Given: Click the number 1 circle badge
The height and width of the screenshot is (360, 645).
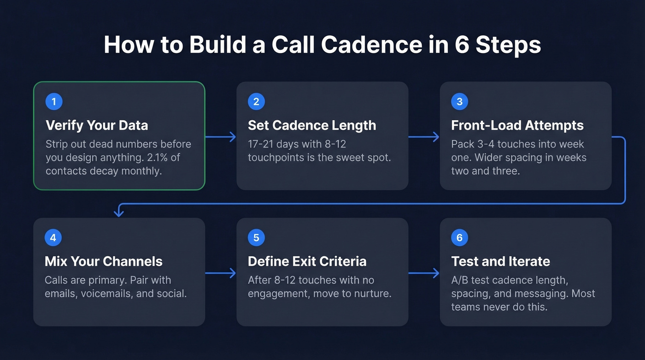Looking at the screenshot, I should coord(54,101).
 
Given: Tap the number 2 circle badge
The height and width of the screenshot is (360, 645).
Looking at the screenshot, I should coord(256,101).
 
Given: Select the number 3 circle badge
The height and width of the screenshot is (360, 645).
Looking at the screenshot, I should coord(459,101).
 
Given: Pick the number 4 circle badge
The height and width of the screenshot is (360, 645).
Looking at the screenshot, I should coord(53,238).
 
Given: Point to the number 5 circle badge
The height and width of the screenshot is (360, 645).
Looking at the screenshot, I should coord(256,238).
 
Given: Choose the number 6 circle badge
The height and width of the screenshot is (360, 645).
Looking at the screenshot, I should coord(459,238).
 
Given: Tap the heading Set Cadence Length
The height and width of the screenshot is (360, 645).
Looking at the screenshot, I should coord(312,125).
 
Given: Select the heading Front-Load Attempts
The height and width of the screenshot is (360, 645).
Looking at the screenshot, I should coord(517,125).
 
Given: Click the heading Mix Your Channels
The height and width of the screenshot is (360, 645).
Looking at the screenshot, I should coord(104,261).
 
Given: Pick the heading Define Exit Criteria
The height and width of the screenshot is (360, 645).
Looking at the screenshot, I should coord(307,261).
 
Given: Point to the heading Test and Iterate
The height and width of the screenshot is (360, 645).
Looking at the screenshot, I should coord(500,261).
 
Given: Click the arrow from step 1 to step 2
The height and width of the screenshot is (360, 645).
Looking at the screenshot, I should coord(220,137).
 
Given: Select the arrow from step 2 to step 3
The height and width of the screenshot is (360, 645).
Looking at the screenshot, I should coord(424,137).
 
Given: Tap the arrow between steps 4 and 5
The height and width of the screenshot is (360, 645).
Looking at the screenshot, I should coord(220,273).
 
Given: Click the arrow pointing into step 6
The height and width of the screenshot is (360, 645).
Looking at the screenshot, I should coord(424,273).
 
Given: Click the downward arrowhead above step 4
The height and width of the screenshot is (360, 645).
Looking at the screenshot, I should coord(119,212).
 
